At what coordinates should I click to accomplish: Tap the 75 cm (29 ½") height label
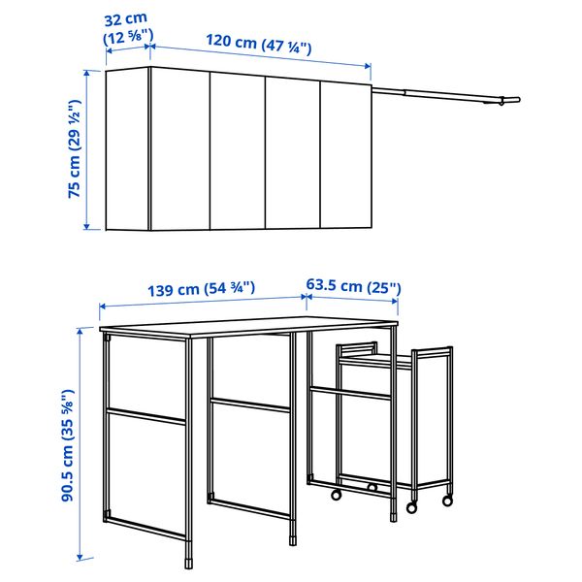point(74,149)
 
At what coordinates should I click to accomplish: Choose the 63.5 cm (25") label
point(353,287)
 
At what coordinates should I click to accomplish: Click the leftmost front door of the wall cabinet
point(180,151)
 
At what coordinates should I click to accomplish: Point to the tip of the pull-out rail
point(515,100)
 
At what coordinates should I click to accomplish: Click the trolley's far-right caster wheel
point(447,501)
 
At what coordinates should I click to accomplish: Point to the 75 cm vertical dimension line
point(88,149)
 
